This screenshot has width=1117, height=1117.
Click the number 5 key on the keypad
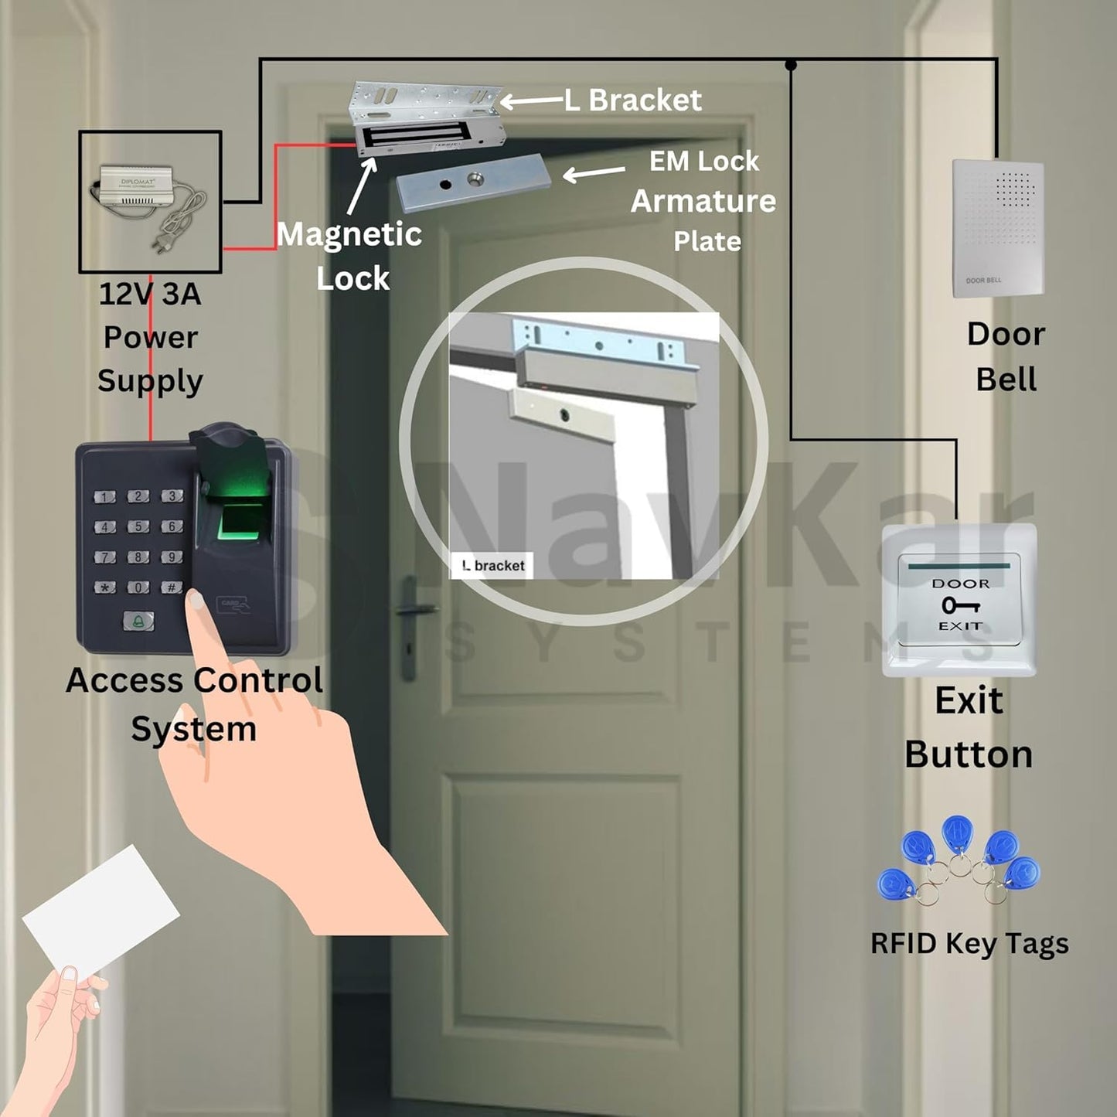[138, 526]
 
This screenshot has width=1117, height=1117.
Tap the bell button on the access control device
[138, 620]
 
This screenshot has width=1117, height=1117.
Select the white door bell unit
[997, 228]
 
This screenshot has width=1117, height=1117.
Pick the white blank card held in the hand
[100, 908]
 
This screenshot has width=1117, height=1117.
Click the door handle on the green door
[414, 611]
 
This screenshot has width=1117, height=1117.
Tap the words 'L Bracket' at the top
[633, 100]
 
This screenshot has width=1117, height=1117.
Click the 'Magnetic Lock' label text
[349, 255]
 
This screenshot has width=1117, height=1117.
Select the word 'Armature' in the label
[703, 201]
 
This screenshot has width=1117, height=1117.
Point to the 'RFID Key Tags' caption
[969, 943]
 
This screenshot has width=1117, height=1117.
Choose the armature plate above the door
[473, 182]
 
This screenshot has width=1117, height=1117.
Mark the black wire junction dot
[791, 65]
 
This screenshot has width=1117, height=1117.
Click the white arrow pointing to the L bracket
[531, 100]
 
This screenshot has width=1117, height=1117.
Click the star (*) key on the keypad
[105, 587]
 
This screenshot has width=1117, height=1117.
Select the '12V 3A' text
[150, 294]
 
